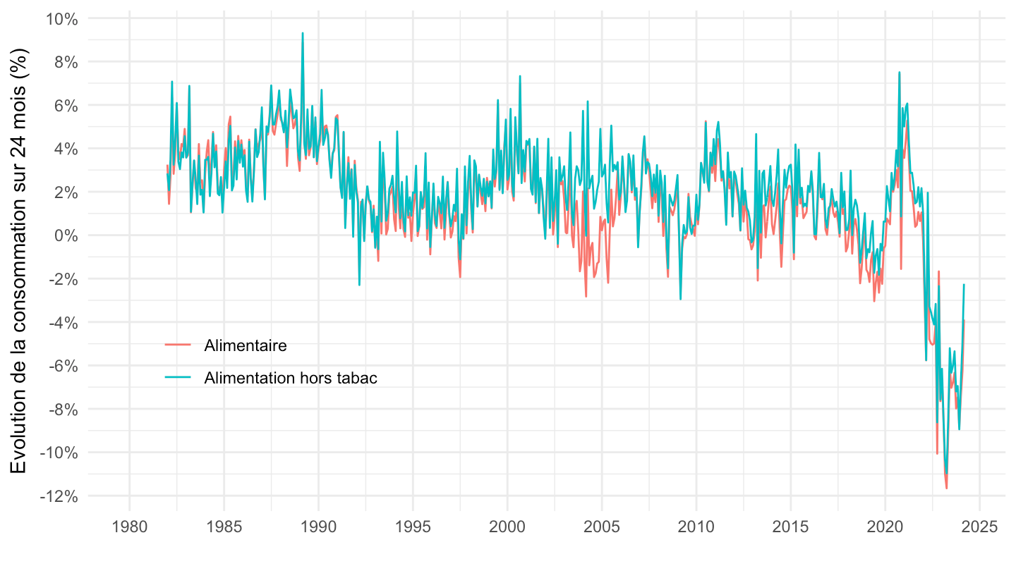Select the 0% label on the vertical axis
[67, 235]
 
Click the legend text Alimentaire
[245, 345]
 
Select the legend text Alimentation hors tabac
[291, 378]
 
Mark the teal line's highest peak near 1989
[303, 33]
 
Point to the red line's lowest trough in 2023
[947, 488]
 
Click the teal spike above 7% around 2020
[900, 73]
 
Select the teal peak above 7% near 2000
[520, 76]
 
